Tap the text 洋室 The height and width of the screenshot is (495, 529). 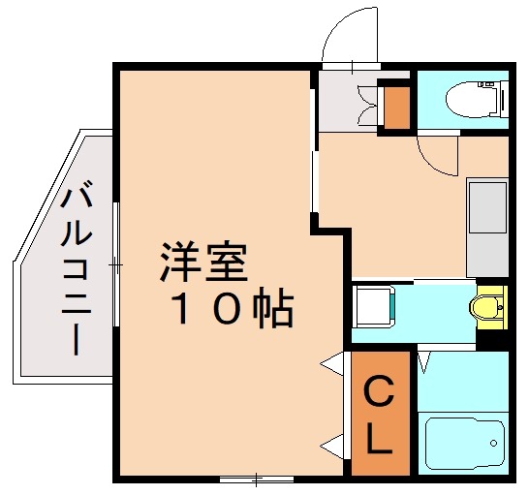(203, 262)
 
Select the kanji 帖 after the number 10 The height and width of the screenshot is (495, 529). (272, 309)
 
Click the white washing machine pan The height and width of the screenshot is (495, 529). (373, 306)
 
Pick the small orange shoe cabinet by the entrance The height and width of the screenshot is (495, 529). (395, 108)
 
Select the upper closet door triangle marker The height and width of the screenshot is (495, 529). (332, 365)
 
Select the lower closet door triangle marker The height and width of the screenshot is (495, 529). (332, 447)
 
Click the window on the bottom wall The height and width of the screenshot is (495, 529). (256, 477)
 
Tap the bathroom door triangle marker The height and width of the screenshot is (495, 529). (424, 362)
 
